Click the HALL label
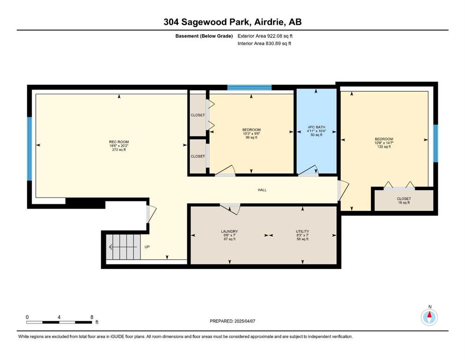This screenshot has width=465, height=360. click(262, 190)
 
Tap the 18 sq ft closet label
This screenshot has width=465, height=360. click(404, 201)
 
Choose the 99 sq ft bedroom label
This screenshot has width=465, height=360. click(251, 134)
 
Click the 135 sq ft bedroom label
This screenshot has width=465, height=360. click(384, 143)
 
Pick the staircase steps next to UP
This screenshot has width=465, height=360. click(123, 247)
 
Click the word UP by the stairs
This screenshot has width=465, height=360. click(147, 247)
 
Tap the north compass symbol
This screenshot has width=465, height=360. click(429, 317)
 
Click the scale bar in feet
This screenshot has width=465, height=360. click(59, 322)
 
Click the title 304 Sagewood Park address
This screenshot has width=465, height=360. click(232, 22)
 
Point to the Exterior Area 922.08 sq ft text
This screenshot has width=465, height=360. click(265, 36)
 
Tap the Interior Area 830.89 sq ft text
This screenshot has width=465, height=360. click(264, 43)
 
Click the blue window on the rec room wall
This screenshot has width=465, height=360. click(30, 149)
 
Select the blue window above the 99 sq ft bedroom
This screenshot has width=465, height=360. click(250, 88)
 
